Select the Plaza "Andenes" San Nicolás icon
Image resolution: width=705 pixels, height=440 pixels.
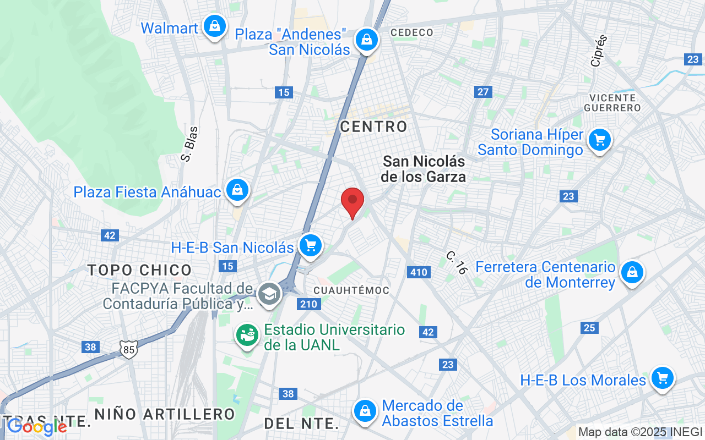pyautogui.click(x=365, y=40)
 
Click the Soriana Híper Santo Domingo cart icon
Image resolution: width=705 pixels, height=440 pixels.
pyautogui.click(x=599, y=140)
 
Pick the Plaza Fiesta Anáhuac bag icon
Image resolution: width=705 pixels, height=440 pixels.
pyautogui.click(x=237, y=190)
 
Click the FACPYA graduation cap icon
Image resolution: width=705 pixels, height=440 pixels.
pyautogui.click(x=269, y=293)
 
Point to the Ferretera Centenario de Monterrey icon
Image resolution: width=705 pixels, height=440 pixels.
pyautogui.click(x=632, y=272)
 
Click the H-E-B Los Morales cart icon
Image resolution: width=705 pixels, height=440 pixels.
pyautogui.click(x=662, y=378)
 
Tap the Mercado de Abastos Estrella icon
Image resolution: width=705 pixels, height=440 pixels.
pyautogui.click(x=364, y=410)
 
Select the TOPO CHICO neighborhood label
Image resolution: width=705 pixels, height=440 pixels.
pyautogui.click(x=140, y=270)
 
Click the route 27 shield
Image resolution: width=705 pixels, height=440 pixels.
pyautogui.click(x=483, y=92)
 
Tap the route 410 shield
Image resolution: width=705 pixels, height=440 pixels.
pyautogui.click(x=419, y=272)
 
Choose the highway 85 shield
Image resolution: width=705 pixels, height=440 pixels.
pyautogui.click(x=128, y=349)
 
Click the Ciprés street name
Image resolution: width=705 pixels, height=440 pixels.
pyautogui.click(x=599, y=51)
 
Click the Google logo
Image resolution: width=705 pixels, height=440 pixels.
pyautogui.click(x=37, y=426)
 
